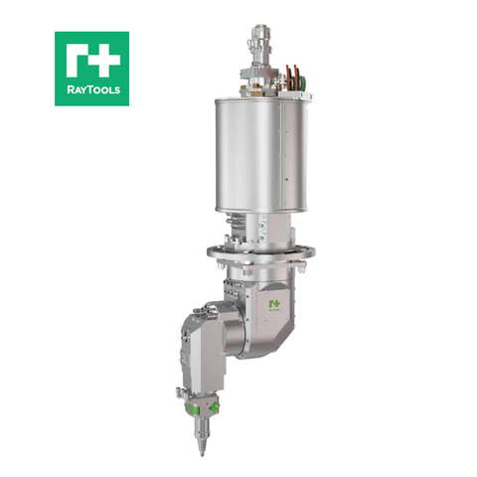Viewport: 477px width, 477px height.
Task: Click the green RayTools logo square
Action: pos(91,68)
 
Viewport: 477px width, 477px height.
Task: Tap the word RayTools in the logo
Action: pos(91,92)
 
